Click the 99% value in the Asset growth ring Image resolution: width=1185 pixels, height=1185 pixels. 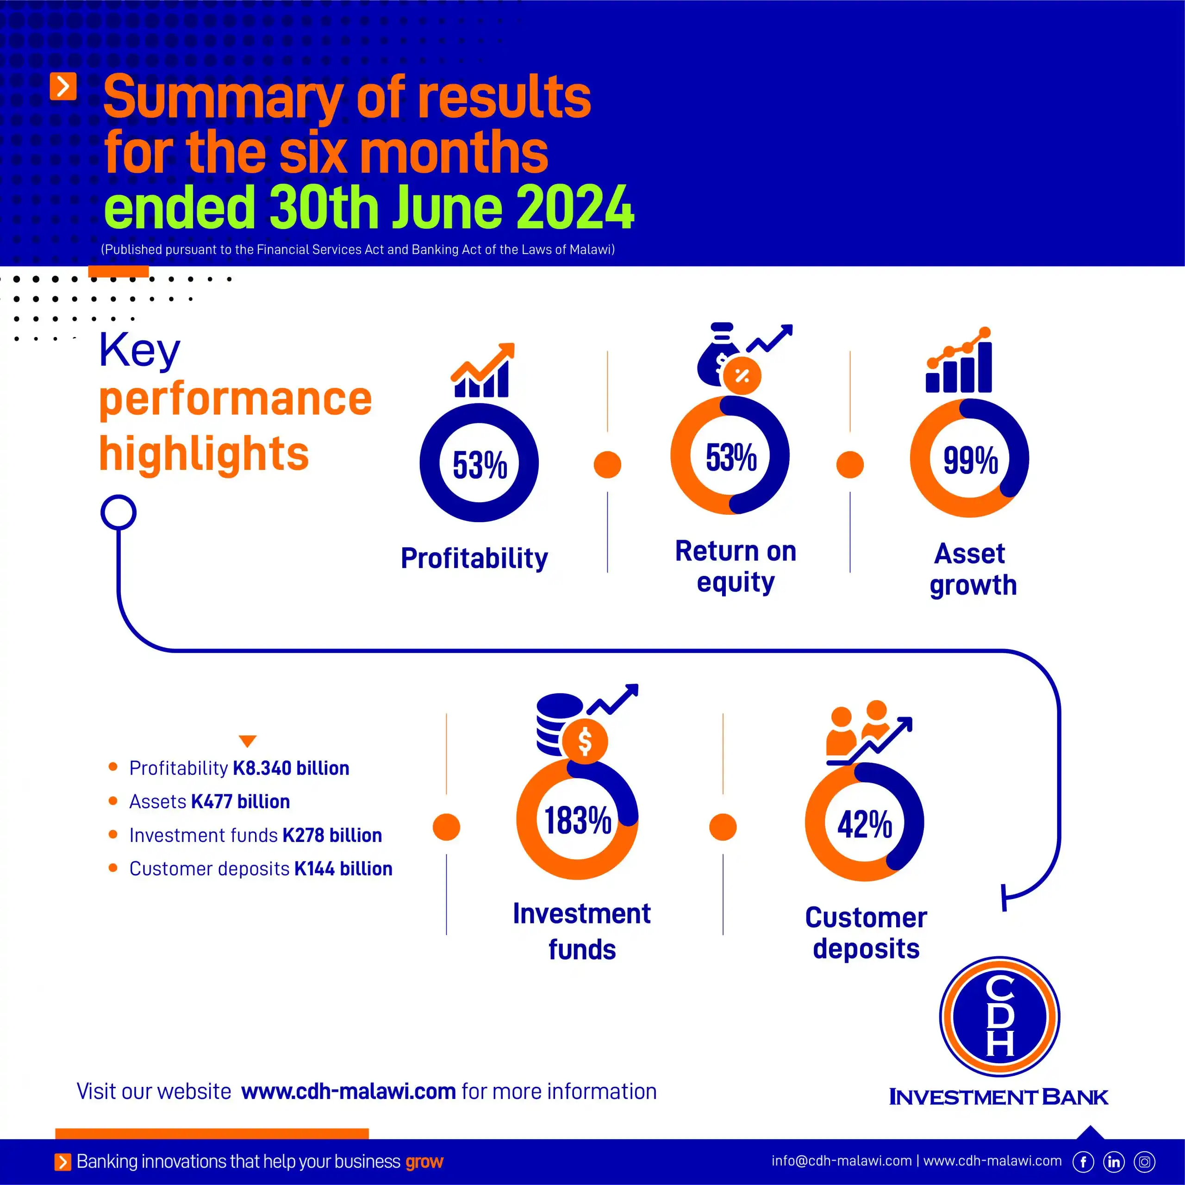970,460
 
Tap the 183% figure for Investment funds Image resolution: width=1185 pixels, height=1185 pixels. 578,820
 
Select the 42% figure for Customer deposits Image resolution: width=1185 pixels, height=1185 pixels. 865,824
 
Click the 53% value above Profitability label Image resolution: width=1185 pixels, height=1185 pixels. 480,464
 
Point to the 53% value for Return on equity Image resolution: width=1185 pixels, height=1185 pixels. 731,457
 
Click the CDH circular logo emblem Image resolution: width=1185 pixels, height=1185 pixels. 1000,1017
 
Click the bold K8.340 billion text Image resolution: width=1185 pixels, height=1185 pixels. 291,768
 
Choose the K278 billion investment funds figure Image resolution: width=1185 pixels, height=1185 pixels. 332,836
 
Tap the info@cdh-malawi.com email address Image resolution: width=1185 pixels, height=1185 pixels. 842,1160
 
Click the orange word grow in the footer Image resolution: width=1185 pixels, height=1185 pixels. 424,1162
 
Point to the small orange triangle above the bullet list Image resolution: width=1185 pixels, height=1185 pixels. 247,741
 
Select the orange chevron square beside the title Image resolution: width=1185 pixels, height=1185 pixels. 63,87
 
